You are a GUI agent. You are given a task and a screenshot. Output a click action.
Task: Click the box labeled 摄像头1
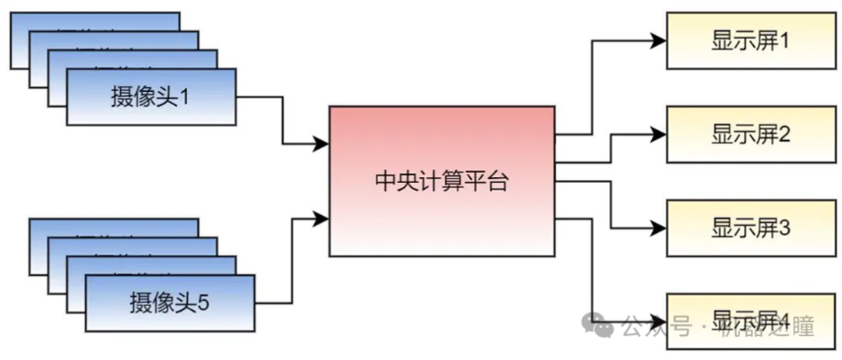(150, 97)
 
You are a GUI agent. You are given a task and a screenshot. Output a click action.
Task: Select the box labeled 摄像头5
(169, 302)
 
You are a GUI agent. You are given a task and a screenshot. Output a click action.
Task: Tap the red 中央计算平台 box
(442, 181)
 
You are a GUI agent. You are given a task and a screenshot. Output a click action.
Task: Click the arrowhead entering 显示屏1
(658, 41)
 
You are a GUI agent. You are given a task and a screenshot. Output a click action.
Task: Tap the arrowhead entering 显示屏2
(658, 135)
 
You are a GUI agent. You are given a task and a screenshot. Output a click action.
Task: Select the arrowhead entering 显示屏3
(658, 228)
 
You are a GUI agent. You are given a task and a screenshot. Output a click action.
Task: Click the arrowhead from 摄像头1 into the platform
(320, 143)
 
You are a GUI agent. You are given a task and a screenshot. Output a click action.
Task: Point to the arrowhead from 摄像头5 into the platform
(320, 219)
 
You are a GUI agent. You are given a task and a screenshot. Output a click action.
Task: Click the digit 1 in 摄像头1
(185, 97)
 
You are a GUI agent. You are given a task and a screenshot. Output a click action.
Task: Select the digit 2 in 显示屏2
(784, 135)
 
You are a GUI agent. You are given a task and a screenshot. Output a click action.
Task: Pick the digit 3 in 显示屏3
(784, 228)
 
